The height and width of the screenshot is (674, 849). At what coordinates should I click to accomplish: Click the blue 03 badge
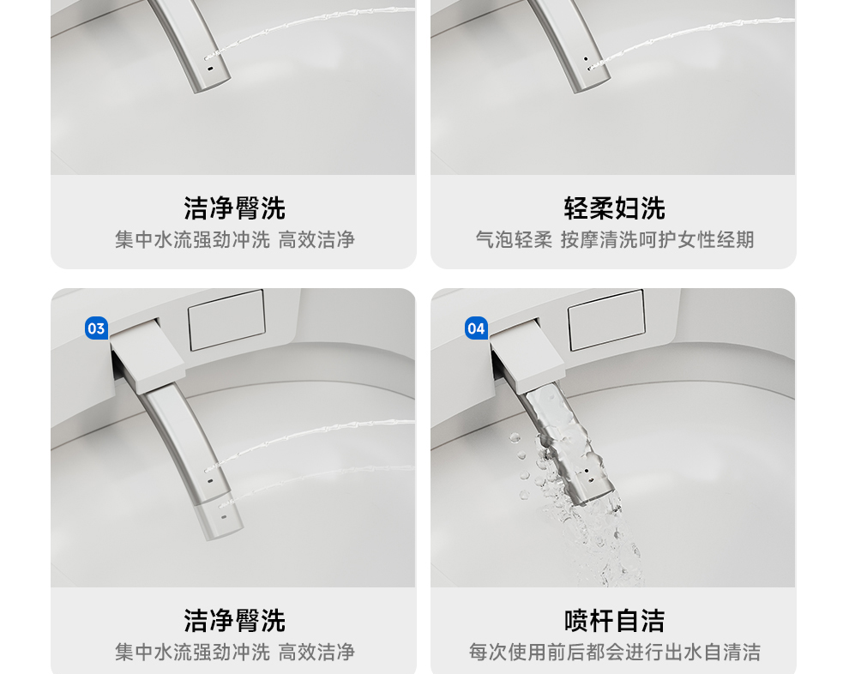[x=96, y=328]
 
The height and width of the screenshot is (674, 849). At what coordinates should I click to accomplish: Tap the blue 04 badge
[x=477, y=328]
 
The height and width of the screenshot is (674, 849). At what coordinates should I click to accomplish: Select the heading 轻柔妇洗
[x=614, y=208]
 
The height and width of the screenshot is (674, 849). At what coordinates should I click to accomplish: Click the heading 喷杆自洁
[x=614, y=620]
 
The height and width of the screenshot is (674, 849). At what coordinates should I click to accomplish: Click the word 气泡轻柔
[x=514, y=240]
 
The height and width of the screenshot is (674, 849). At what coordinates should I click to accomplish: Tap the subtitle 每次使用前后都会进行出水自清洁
[x=615, y=652]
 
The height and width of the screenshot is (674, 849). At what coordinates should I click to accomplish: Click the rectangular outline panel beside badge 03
[x=226, y=320]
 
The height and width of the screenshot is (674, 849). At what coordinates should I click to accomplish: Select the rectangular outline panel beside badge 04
[x=606, y=320]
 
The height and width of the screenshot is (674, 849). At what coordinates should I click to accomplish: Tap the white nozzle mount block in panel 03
[x=148, y=356]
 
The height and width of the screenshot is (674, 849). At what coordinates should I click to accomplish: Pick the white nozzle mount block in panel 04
[x=527, y=356]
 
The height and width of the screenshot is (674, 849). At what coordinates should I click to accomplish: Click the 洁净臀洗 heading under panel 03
[x=234, y=620]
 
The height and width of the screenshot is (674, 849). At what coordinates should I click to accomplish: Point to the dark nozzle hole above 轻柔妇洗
[x=586, y=58]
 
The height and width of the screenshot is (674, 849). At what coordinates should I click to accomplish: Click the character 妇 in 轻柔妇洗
[x=627, y=208]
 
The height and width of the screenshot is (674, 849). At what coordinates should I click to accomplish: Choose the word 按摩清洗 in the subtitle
[x=599, y=240]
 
